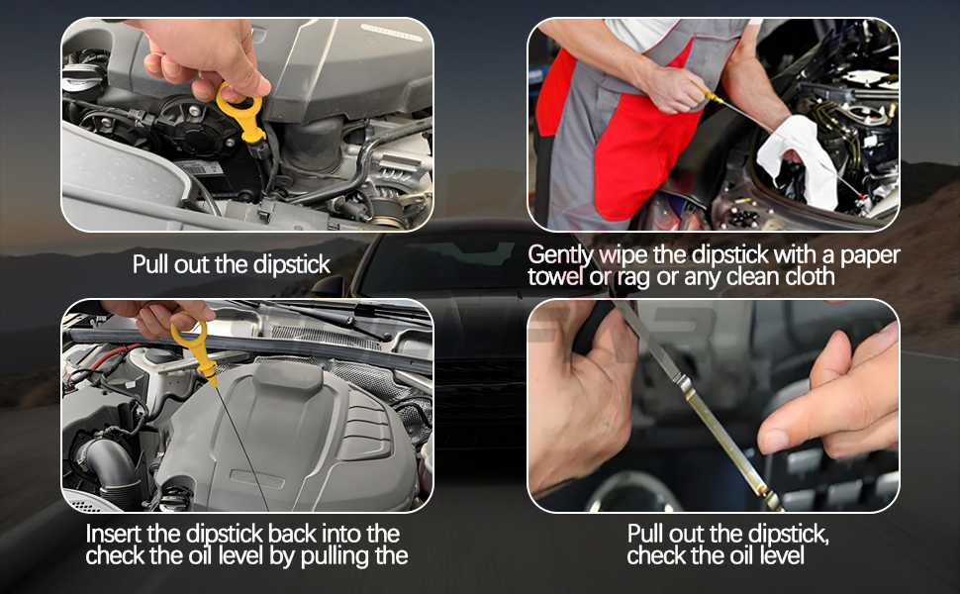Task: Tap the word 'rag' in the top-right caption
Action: (633, 278)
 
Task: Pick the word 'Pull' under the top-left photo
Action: (150, 264)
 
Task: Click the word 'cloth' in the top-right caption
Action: (810, 277)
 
